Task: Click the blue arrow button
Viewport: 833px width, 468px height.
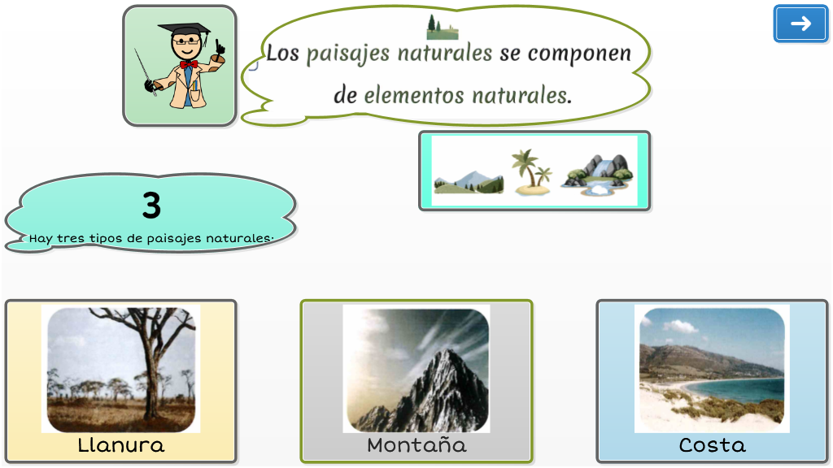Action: click(800, 24)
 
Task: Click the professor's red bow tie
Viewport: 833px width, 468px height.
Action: click(189, 65)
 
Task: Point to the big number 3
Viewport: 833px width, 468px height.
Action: click(151, 205)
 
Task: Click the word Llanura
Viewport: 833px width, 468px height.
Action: click(121, 444)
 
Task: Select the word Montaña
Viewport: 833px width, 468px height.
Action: click(416, 444)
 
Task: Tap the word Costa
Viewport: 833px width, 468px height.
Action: click(712, 444)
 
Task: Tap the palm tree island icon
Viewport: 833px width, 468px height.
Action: click(531, 172)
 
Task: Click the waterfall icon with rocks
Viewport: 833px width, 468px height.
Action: click(597, 174)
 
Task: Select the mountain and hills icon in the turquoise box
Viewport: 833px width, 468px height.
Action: click(469, 181)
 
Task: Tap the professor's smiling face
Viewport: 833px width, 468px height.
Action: click(186, 45)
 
